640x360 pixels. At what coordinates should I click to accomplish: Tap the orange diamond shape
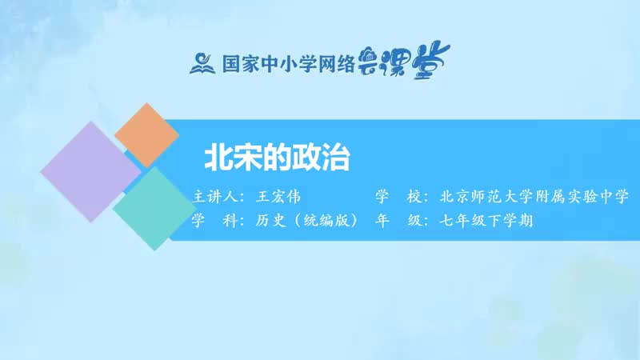(x=146, y=134)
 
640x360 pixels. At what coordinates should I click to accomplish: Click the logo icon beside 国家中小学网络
(x=202, y=62)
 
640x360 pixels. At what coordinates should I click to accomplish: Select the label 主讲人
(x=216, y=197)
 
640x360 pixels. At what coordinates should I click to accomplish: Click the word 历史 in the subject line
(x=263, y=221)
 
